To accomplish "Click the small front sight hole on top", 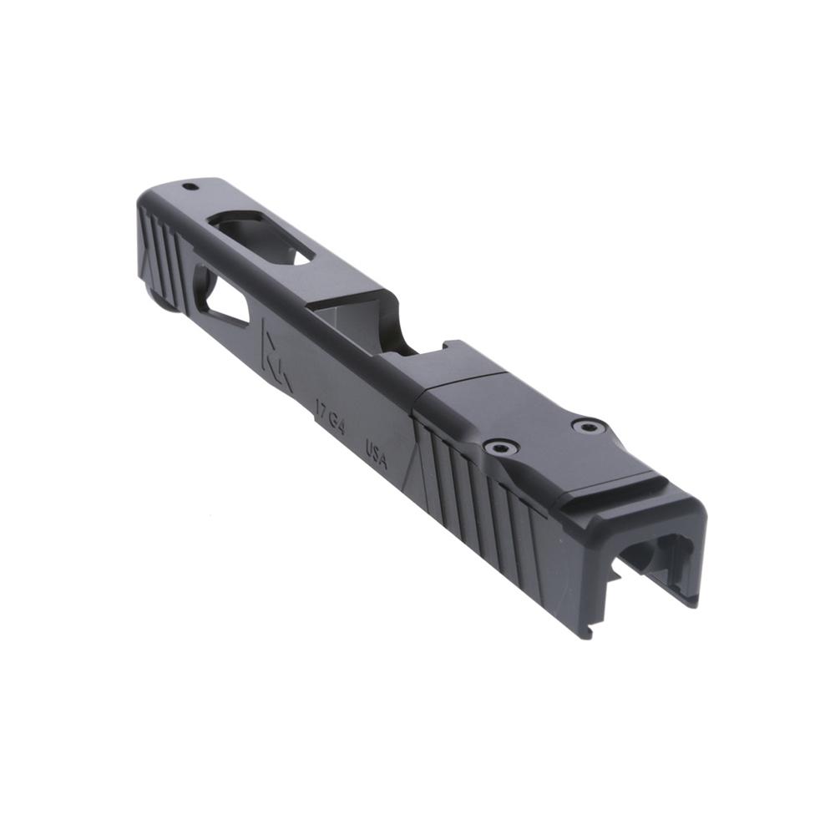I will click(x=190, y=185).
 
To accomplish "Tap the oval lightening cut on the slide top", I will click(x=261, y=235).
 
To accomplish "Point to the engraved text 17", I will click(x=321, y=408).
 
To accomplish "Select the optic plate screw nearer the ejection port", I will click(x=501, y=448).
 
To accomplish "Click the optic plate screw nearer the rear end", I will click(x=590, y=427).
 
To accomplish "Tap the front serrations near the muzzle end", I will click(x=163, y=250).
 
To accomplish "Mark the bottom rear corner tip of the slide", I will click(x=589, y=635).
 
